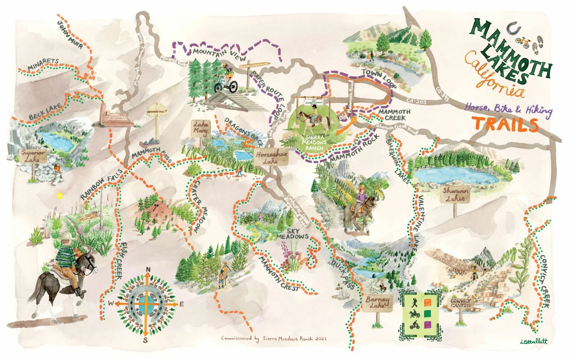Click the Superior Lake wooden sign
[x=33, y=156]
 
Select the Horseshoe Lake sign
[x=271, y=158]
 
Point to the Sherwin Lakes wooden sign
[x=455, y=194]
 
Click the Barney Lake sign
[x=377, y=302]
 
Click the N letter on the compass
[x=148, y=270]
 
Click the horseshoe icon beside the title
[x=514, y=28]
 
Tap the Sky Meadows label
[x=292, y=234]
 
